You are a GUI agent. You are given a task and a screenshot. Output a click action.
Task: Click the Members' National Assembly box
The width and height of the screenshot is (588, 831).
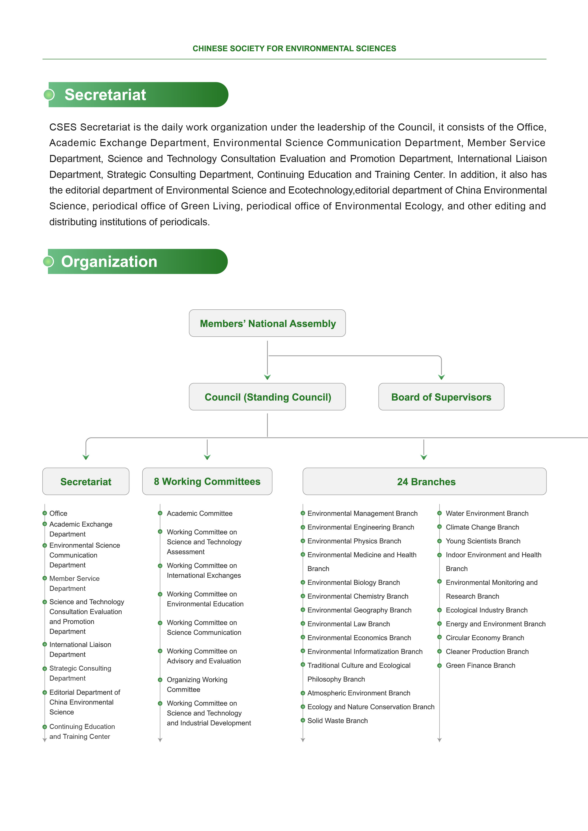coord(267,323)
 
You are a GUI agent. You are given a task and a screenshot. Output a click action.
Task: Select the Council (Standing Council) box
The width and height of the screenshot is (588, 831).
coord(267,397)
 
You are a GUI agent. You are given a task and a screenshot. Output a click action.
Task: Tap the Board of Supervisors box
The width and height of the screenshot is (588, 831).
coord(441,397)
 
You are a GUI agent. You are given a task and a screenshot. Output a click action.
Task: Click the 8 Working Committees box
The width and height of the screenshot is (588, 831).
coord(207,481)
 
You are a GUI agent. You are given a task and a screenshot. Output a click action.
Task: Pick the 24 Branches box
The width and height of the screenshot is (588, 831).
coord(424,481)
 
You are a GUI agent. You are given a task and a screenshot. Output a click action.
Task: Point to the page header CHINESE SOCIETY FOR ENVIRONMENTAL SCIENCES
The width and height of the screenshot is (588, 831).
coord(294,49)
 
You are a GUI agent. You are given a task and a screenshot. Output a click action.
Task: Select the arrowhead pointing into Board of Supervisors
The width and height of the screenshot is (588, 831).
coord(441,377)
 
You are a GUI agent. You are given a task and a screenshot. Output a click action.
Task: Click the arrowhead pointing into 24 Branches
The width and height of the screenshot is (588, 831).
coord(424,457)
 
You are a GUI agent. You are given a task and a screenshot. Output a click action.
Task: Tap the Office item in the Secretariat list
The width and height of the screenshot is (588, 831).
coord(58,513)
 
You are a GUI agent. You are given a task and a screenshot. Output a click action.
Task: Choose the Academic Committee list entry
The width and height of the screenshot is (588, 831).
coord(200,513)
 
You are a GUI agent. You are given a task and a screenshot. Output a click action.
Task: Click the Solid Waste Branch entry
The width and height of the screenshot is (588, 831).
coord(337,721)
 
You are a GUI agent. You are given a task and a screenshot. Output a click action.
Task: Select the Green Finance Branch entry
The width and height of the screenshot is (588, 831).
coord(480,665)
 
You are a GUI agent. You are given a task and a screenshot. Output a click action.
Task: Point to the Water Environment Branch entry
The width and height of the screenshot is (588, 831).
coord(487,513)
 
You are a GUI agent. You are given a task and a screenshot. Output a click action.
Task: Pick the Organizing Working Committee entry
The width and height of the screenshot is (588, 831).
coord(197,684)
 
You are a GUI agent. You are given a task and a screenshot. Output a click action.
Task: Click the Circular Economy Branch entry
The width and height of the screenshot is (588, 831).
coord(485,638)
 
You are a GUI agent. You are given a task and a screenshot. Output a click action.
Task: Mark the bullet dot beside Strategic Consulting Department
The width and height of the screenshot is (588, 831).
coord(45,668)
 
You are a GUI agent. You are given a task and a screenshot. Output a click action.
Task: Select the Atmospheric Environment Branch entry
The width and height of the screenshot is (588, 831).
coord(358,693)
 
